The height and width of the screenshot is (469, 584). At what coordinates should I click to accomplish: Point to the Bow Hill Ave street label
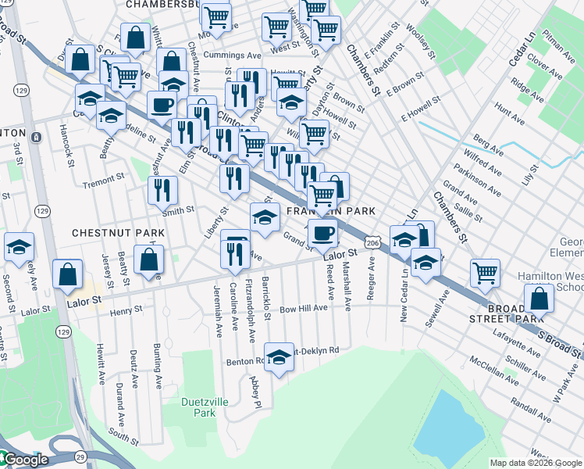coord(304,309)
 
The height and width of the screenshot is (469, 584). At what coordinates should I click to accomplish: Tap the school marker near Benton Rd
coord(277,358)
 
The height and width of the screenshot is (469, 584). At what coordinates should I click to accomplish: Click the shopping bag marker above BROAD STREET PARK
coord(539,298)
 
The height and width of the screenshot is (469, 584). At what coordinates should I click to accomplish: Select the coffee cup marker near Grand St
coord(322,231)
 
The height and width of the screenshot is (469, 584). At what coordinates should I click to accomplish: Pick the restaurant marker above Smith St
coord(162,190)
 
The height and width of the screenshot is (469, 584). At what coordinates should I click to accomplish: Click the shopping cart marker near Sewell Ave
coord(486,274)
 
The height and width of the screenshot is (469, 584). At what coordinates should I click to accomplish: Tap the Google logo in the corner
coord(25,460)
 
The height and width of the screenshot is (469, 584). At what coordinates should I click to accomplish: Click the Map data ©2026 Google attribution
coord(536,462)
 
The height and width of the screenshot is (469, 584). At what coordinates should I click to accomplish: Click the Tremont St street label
coord(104,181)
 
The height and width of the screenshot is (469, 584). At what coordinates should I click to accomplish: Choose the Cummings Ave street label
coord(232,55)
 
